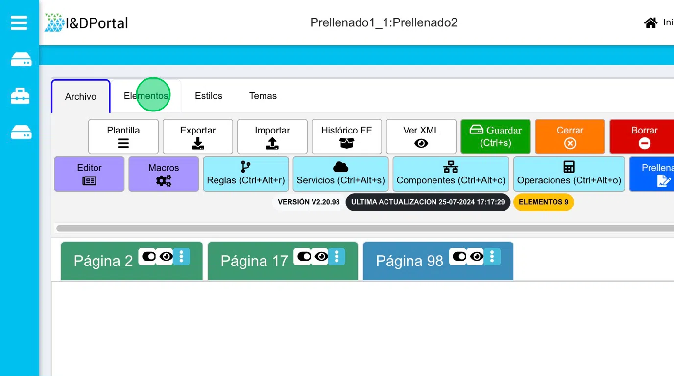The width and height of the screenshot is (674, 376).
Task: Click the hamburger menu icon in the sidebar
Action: (x=19, y=23)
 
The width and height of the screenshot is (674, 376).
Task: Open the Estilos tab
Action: (x=209, y=96)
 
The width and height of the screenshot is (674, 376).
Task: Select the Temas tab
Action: (x=263, y=96)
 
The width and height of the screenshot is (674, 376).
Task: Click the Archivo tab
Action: (x=81, y=96)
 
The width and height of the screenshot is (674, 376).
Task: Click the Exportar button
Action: (x=198, y=136)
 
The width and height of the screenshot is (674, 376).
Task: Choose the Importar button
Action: (x=272, y=136)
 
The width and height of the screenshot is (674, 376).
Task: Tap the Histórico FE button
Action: (x=347, y=136)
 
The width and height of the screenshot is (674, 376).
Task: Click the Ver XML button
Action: (x=421, y=136)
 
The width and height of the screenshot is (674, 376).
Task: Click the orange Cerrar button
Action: (x=570, y=136)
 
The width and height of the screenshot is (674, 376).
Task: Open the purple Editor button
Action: (x=89, y=174)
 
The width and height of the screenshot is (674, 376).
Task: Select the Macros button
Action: (x=164, y=174)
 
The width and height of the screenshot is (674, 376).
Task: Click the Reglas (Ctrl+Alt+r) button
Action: (x=246, y=174)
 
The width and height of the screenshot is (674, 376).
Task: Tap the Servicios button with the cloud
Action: (x=340, y=174)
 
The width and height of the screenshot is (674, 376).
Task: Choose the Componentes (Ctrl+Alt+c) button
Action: (x=451, y=174)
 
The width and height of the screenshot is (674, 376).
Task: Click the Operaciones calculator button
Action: (x=569, y=174)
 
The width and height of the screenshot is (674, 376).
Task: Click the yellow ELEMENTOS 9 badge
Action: (x=543, y=202)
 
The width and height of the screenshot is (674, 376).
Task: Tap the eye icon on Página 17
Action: (x=321, y=257)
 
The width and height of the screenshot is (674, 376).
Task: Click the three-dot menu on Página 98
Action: (x=492, y=257)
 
